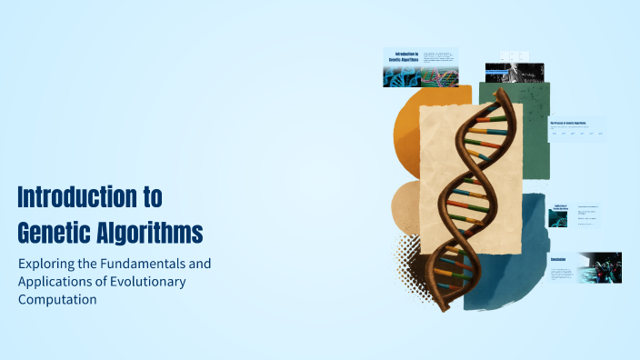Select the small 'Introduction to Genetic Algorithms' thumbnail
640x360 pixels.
[x=420, y=67]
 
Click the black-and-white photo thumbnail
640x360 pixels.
[x=515, y=72]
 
